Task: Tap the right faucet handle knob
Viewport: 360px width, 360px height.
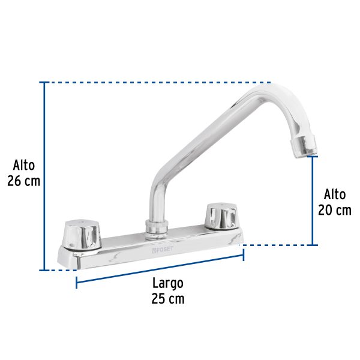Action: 221,216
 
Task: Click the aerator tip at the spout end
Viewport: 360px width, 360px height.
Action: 304,145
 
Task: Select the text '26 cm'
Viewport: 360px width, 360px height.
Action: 24,181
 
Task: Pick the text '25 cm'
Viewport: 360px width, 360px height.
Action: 167,298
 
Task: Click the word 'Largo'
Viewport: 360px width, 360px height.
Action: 167,283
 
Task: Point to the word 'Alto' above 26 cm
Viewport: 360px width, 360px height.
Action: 24,165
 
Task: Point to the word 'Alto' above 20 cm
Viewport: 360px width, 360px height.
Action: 335,194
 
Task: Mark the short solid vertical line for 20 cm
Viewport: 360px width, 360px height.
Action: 313,201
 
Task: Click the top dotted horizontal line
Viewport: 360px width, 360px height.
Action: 156,82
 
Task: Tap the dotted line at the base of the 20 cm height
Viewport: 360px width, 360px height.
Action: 276,245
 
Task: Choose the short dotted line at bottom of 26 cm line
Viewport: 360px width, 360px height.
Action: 60,270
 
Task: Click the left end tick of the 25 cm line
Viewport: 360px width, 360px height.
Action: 77,282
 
